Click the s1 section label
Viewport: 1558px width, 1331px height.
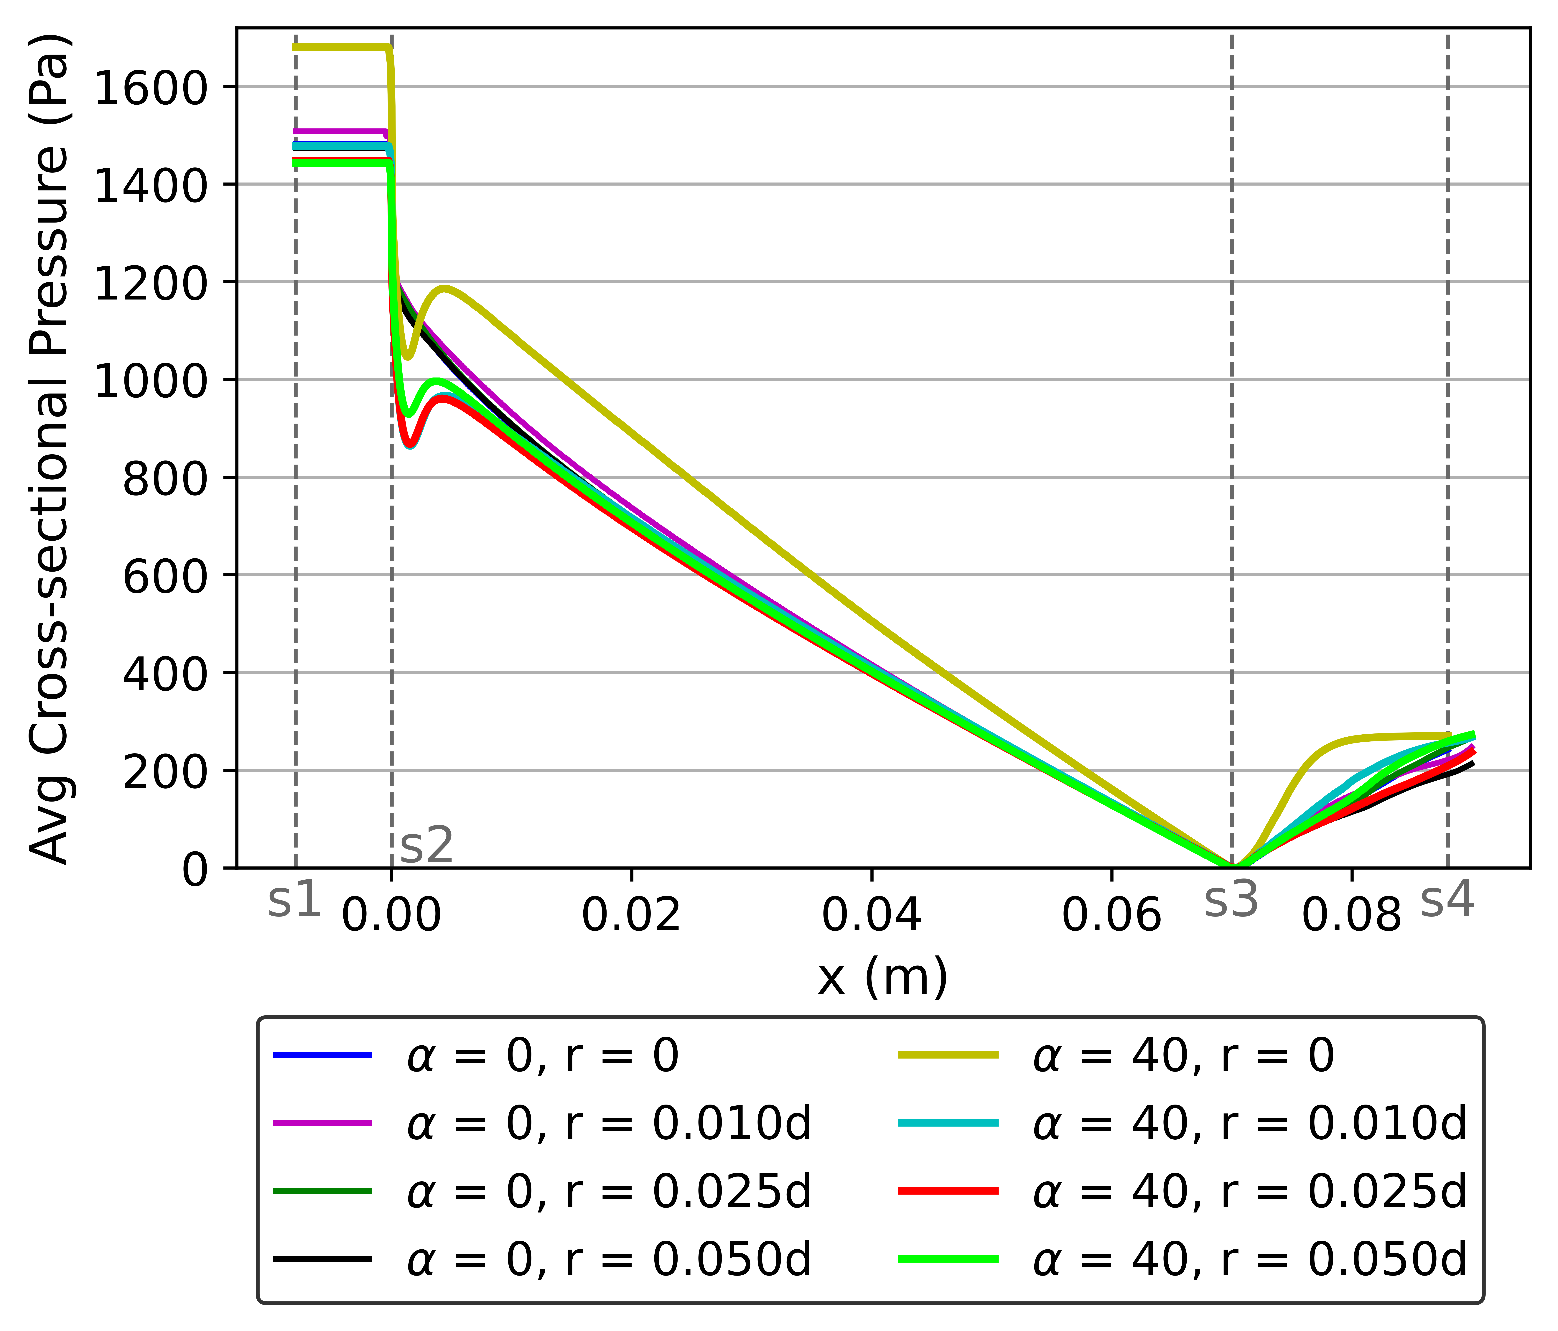click(294, 902)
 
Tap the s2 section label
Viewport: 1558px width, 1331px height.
click(426, 846)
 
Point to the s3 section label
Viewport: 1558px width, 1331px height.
click(1231, 902)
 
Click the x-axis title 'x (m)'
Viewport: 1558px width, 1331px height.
click(883, 978)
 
